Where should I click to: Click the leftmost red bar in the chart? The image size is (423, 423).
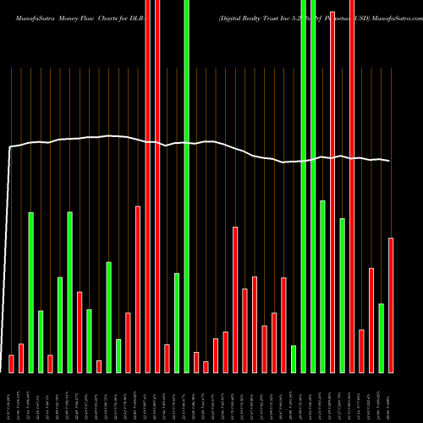[x=11, y=363]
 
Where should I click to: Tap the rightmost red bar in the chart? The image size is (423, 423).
[x=391, y=305]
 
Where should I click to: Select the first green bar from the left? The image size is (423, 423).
[x=30, y=292]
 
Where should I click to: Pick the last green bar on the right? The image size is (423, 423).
[x=382, y=338]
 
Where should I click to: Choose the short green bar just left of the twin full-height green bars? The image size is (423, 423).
[x=294, y=359]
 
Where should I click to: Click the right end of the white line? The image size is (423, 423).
[x=389, y=161]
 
